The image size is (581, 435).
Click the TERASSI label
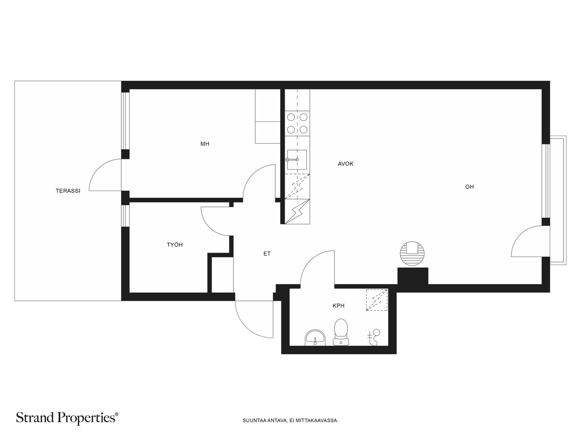coord(68,191)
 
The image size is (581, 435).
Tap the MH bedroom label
coord(205,144)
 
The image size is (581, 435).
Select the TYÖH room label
coord(175,245)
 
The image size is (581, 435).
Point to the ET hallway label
coord(267,254)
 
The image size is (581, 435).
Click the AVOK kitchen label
coord(346,164)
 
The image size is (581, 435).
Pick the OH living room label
coord(469,187)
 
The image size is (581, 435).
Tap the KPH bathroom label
coord(338,306)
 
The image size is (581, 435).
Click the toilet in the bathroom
coord(341,332)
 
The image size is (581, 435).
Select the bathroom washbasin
coord(315,337)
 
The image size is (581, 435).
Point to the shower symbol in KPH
coord(374,337)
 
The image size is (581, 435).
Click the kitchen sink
coord(297,160)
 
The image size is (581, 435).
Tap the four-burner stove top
coord(297,123)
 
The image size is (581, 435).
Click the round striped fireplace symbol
coord(412,253)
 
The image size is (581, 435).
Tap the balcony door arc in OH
coord(520,235)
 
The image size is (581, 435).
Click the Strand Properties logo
coord(67,417)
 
